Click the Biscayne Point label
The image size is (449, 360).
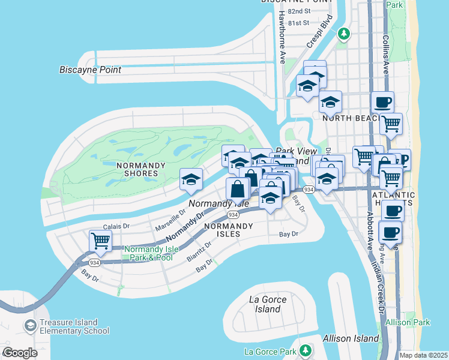[90, 70]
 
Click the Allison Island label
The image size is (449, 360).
[351, 338]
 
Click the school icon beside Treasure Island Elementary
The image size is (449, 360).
[30, 326]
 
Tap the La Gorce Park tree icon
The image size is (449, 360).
[306, 350]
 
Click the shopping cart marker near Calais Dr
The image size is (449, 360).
[100, 241]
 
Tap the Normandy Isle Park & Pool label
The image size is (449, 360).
[148, 253]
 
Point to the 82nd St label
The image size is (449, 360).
[298, 11]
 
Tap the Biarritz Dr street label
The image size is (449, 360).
[200, 253]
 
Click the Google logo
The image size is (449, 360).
[20, 353]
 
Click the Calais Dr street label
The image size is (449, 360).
[116, 226]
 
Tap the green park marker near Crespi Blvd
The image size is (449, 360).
[344, 34]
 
